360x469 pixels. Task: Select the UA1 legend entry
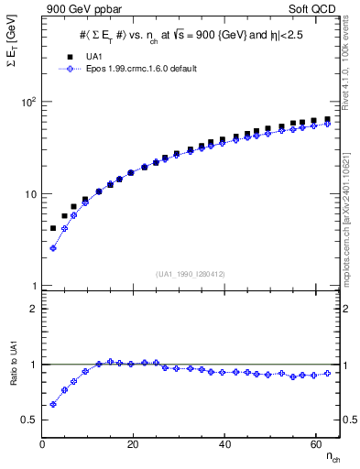click(91, 57)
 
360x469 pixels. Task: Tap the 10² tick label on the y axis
click(29, 102)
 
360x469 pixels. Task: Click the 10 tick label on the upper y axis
click(31, 194)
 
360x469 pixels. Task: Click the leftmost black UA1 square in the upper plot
click(53, 228)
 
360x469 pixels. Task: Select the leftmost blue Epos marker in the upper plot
click(53, 247)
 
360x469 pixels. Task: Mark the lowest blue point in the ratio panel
click(53, 404)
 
